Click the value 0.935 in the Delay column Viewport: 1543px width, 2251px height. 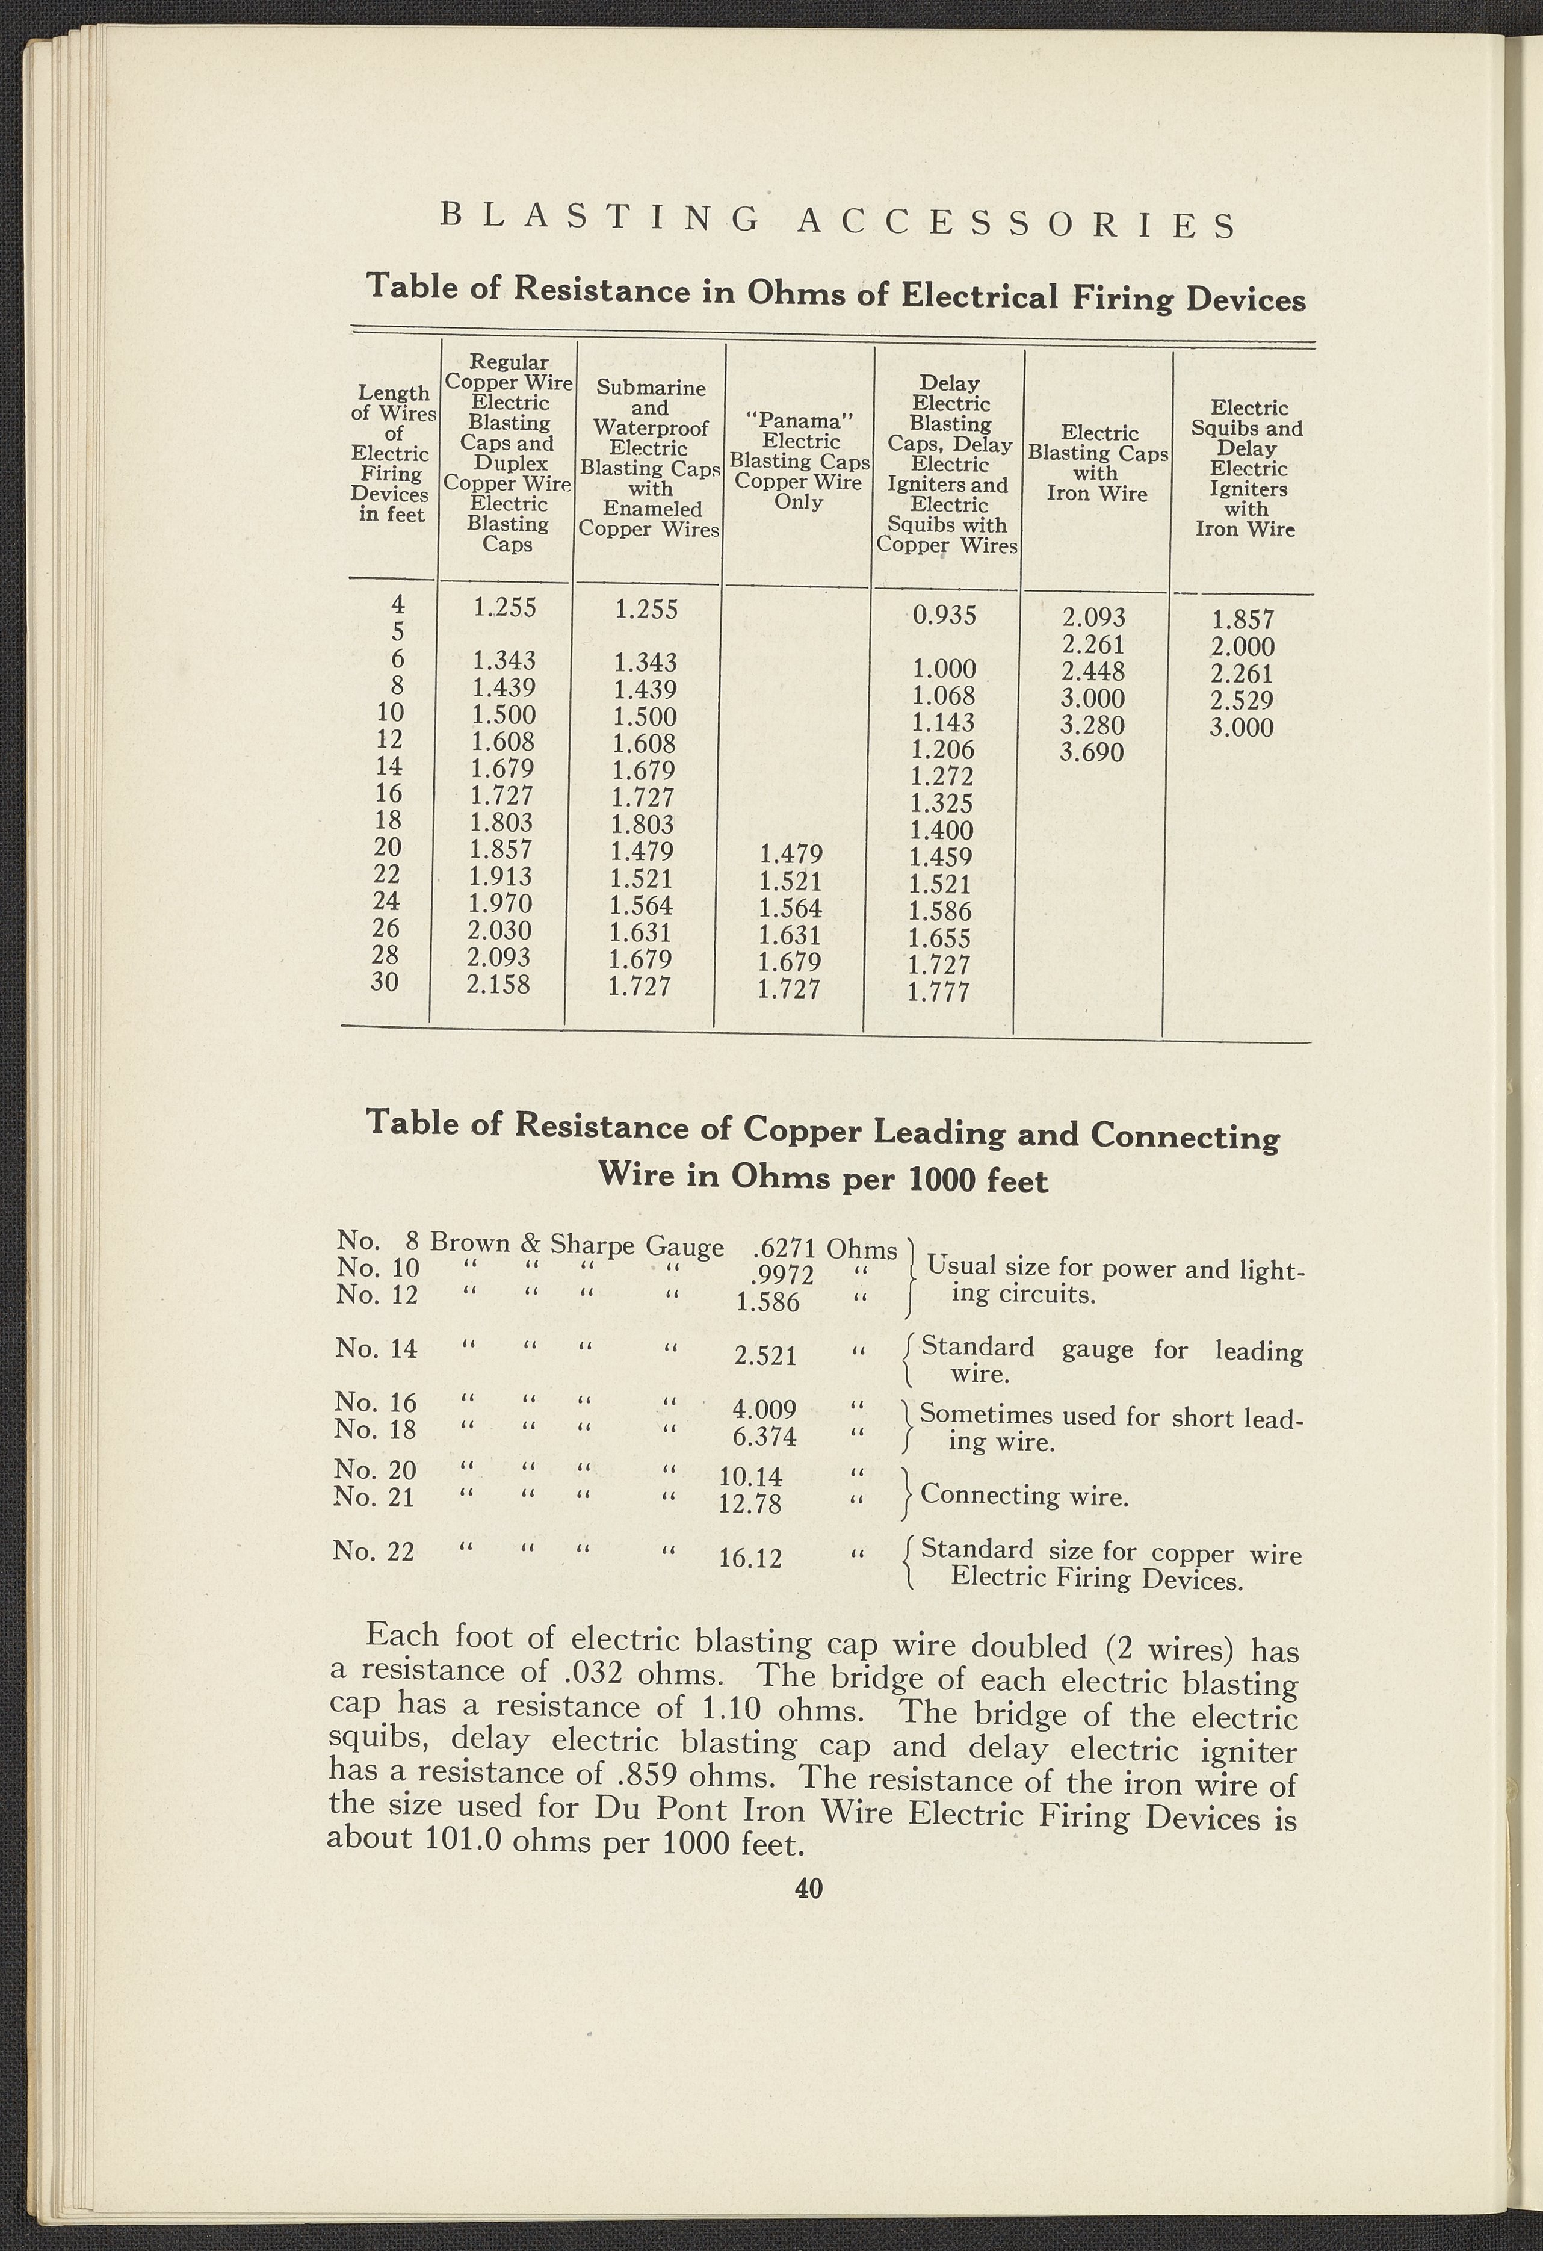click(x=944, y=616)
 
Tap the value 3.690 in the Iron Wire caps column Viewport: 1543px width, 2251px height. click(x=1092, y=752)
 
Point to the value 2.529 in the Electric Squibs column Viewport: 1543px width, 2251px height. click(x=1242, y=701)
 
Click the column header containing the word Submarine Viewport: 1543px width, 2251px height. click(x=650, y=388)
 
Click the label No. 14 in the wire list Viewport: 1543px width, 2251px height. click(x=376, y=1348)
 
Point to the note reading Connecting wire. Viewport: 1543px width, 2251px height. click(x=1025, y=1496)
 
